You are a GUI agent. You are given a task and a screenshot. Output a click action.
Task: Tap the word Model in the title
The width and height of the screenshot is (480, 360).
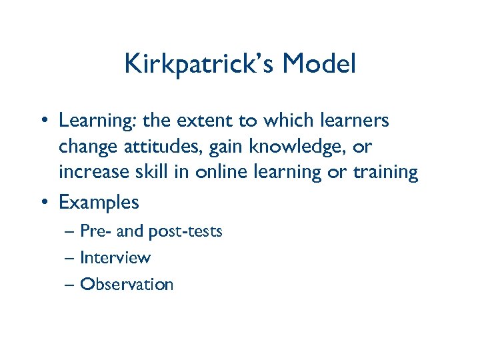tap(319, 65)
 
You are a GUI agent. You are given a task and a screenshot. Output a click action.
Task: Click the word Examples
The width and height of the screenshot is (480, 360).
tap(99, 201)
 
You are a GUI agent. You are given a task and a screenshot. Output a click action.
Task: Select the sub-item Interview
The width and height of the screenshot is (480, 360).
tap(115, 257)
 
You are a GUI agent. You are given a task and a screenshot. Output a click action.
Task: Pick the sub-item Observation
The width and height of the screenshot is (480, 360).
tap(127, 284)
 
